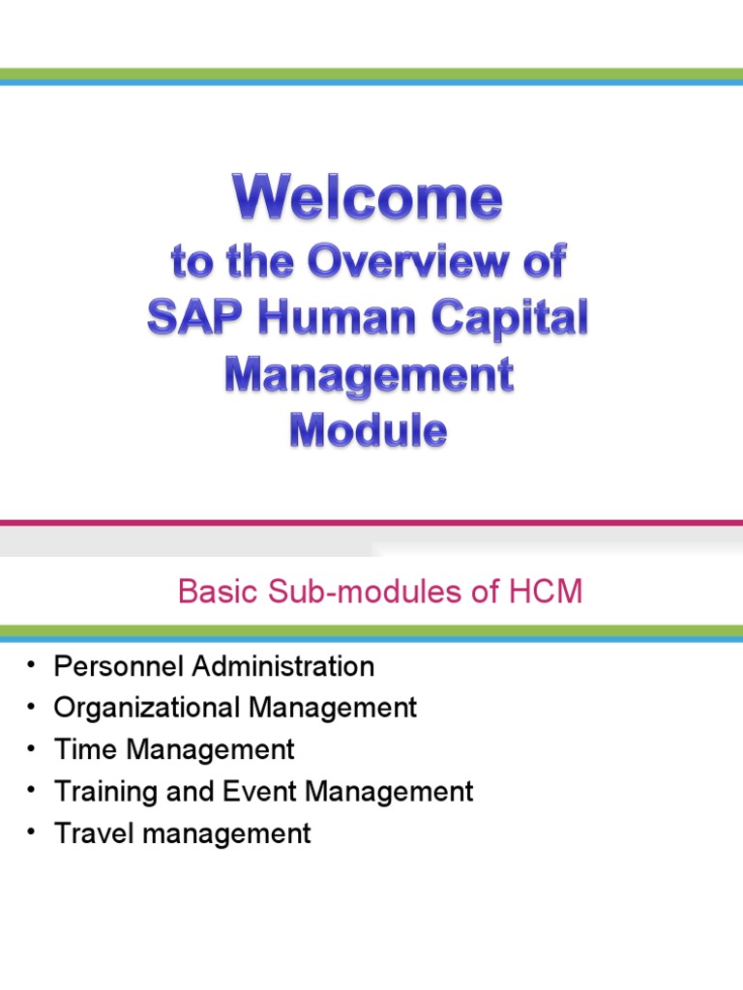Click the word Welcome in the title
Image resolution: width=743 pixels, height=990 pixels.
[368, 200]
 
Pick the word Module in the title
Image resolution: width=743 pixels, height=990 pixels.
[368, 431]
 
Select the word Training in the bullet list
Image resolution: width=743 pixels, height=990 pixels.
[105, 792]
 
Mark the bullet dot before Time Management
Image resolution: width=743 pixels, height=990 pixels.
[32, 748]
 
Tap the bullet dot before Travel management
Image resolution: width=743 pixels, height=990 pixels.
[32, 832]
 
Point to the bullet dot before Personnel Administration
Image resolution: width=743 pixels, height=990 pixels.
[32, 665]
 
